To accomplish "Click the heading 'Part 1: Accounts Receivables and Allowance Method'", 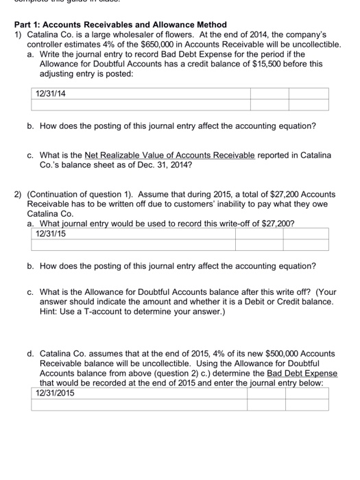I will pos(120,25).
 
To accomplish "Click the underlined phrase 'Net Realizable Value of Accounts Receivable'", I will pos(169,156).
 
